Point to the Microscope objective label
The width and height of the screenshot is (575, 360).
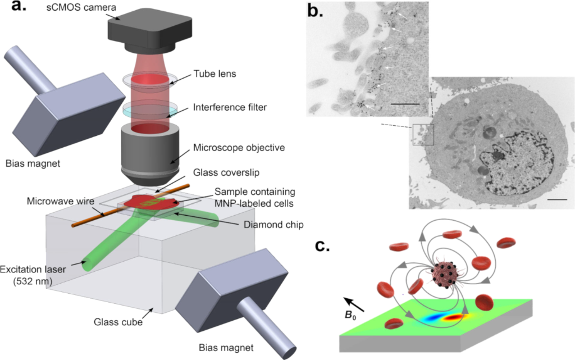[x=239, y=148]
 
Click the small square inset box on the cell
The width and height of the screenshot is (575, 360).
[x=423, y=134]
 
